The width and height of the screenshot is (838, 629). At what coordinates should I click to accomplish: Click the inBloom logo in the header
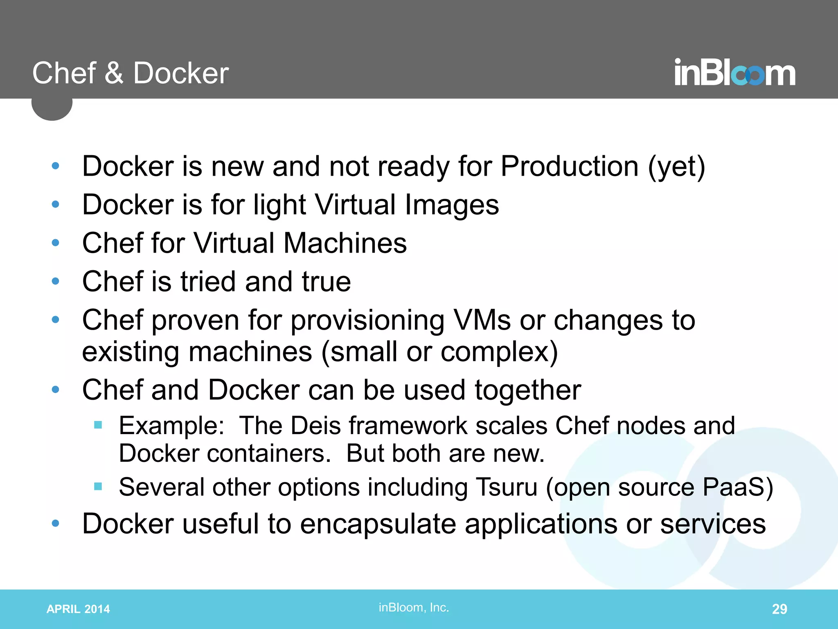[734, 73]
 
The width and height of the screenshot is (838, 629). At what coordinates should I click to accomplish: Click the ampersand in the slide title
[114, 73]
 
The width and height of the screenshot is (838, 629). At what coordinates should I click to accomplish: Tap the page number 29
[779, 609]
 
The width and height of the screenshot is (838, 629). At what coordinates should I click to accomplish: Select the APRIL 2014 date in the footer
[78, 609]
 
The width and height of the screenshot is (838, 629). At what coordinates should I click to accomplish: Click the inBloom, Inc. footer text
[414, 607]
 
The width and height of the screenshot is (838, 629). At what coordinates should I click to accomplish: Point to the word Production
[569, 166]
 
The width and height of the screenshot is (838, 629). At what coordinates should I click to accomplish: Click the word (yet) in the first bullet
[677, 167]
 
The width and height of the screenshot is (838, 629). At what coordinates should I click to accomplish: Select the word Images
[452, 205]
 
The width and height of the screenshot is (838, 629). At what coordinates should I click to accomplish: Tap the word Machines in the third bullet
[345, 243]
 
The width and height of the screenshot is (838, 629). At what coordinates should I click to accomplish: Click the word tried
[208, 282]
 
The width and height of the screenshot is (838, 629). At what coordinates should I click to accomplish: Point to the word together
[528, 390]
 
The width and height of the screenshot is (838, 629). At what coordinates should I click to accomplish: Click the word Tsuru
[507, 487]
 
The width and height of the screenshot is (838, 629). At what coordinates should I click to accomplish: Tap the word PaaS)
[738, 487]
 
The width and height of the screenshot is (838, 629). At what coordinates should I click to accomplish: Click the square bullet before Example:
[98, 425]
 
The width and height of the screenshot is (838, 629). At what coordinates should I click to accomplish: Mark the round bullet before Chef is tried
[56, 281]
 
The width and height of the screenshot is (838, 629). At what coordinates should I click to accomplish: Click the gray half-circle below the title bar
[52, 109]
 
